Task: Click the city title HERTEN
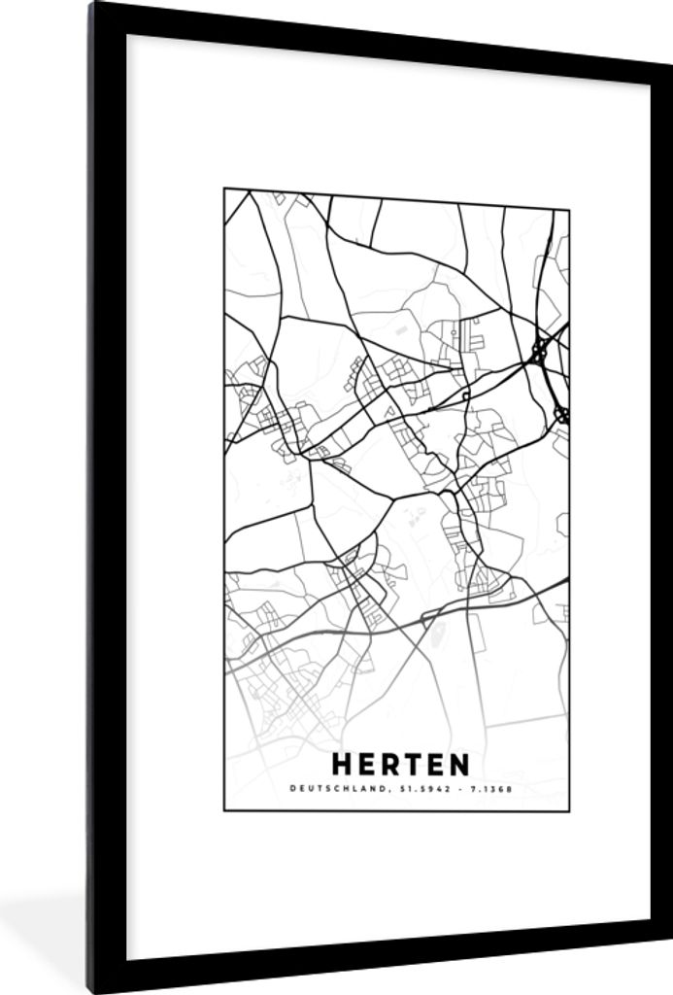(x=399, y=765)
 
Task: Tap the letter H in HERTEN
(x=342, y=765)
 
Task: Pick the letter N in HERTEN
(x=457, y=765)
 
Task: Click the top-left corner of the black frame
(x=93, y=6)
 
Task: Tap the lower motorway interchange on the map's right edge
(x=561, y=415)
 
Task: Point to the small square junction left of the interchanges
(x=466, y=396)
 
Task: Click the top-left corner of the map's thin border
(x=224, y=189)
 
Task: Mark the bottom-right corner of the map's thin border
(x=569, y=810)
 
